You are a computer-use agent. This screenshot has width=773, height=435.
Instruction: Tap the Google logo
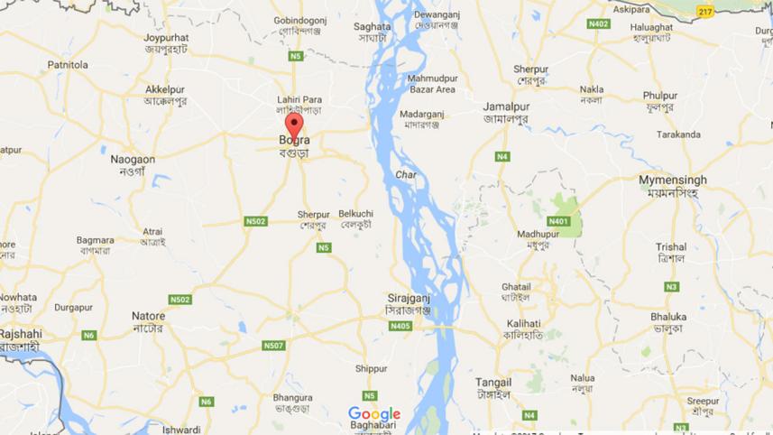click(x=374, y=414)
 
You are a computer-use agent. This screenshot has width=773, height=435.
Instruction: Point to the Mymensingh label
click(x=673, y=180)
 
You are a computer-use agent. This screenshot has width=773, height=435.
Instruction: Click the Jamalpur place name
click(x=506, y=106)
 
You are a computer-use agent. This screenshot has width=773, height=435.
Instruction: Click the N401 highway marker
click(x=558, y=221)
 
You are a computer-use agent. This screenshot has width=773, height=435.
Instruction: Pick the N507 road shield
click(x=273, y=345)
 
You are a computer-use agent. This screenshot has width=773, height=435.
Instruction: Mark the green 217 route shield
click(x=705, y=12)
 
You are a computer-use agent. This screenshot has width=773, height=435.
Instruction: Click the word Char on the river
click(x=405, y=175)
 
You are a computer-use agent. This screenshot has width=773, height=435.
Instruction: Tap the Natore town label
click(x=149, y=317)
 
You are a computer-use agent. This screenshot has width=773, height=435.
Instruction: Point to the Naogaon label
click(x=133, y=159)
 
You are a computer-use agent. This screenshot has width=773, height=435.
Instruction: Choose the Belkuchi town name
click(x=355, y=213)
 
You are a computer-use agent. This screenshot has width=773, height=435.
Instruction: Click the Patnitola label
click(x=68, y=65)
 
